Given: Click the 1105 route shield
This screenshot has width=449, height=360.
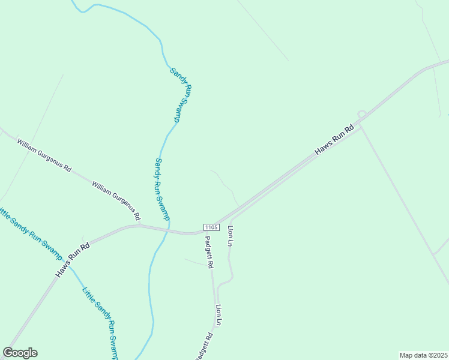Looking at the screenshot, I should pos(211,227).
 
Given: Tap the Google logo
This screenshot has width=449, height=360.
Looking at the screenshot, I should pos(20,353).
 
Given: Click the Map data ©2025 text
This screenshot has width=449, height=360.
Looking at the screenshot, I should pos(424,355).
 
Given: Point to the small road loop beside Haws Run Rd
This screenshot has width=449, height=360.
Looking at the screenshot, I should pos(361,113).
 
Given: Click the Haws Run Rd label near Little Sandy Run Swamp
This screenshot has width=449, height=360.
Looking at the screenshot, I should pos(73,259).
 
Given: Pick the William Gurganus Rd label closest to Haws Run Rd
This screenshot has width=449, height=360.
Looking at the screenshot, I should pos(116,199).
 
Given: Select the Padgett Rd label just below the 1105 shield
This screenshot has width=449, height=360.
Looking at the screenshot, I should pos(209,251).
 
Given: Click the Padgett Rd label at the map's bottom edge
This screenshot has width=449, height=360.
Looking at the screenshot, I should pos(203,347).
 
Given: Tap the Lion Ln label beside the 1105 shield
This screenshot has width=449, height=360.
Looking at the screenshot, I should pos(229,236).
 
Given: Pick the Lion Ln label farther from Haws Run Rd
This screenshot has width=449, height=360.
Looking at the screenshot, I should pos(219,315).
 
